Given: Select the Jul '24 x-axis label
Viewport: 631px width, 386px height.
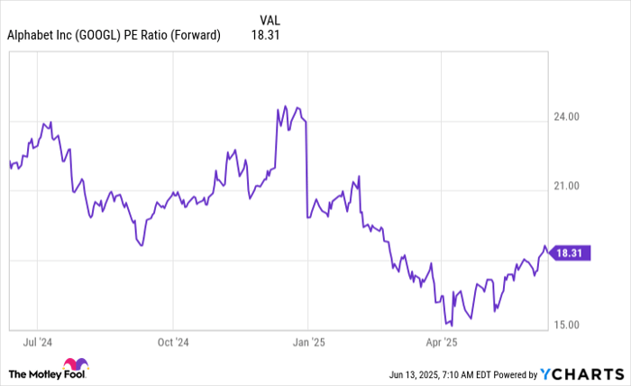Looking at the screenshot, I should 38,343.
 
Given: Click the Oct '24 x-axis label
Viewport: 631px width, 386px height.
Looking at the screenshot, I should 172,343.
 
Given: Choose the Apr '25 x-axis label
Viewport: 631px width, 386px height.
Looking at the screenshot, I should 441,343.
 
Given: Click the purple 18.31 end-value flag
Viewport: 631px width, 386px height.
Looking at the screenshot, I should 572,254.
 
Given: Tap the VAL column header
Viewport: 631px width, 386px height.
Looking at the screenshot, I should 270,20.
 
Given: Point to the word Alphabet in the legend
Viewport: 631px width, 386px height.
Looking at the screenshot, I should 32,36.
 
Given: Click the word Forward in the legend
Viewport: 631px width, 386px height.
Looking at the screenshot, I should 196,36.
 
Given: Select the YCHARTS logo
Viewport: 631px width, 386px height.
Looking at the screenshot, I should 584,373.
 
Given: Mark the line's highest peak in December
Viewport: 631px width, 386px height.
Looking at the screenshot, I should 285,106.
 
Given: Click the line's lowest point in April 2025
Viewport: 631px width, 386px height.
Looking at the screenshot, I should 451,325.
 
